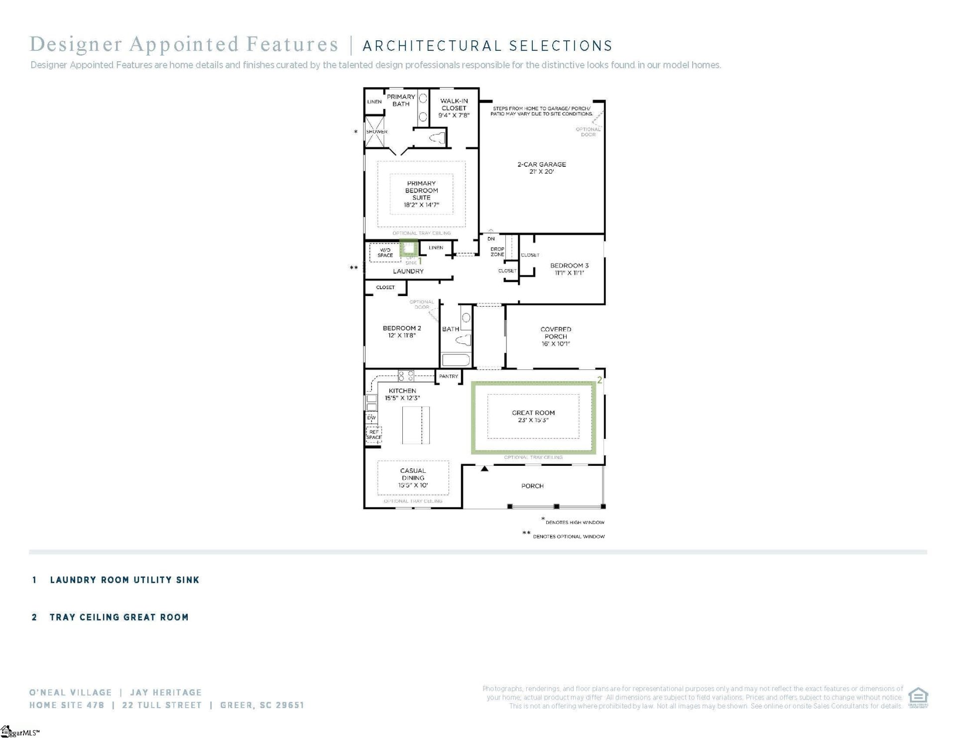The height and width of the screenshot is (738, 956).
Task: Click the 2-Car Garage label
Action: (x=541, y=168)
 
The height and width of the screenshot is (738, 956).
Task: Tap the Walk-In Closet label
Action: (x=454, y=107)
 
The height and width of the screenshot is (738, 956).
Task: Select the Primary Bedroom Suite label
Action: (x=421, y=194)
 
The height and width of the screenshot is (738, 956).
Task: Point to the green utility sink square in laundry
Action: (x=409, y=248)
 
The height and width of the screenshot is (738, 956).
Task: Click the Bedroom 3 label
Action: (x=569, y=269)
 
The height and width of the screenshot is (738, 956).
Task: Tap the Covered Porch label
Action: (x=556, y=336)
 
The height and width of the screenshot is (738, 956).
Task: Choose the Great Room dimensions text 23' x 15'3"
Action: (x=533, y=420)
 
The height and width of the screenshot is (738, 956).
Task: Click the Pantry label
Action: (x=449, y=376)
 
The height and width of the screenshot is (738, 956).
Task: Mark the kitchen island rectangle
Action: (x=416, y=425)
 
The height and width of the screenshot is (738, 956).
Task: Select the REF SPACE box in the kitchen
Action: (x=374, y=434)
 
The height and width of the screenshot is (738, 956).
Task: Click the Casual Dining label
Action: (x=413, y=477)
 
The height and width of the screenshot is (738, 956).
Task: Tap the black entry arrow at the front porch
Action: (x=484, y=469)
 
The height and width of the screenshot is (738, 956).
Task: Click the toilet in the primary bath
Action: (x=438, y=138)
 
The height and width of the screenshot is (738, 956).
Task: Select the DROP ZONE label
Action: (x=497, y=251)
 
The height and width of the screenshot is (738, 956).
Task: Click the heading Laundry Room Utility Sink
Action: (x=124, y=580)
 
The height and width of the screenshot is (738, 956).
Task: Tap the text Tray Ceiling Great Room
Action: (x=119, y=617)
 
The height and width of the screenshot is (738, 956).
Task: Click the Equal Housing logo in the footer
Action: (x=918, y=697)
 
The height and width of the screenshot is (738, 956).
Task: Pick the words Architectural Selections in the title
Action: (x=487, y=46)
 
